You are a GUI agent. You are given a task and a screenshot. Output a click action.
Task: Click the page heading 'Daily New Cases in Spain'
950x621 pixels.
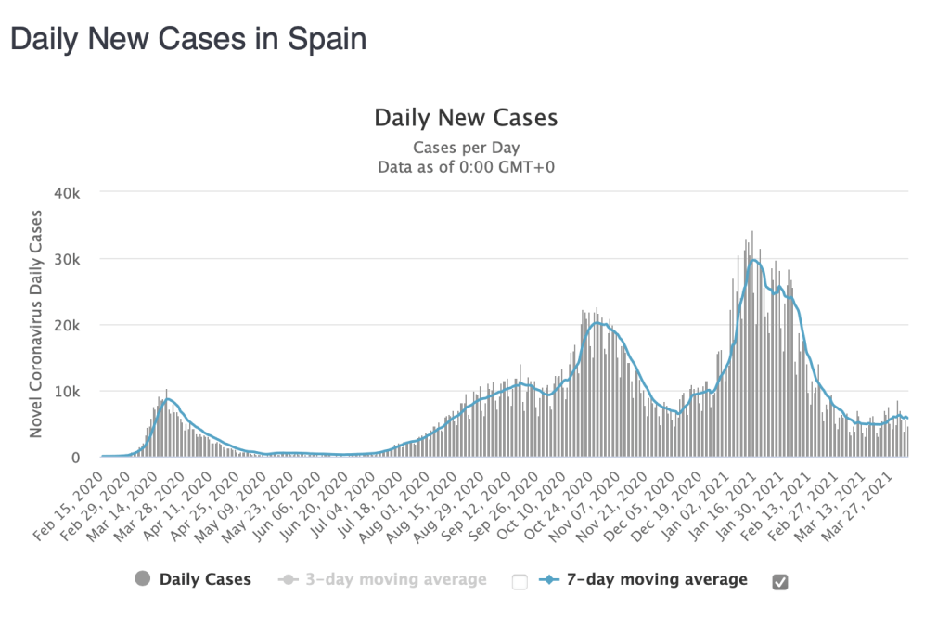click(x=187, y=39)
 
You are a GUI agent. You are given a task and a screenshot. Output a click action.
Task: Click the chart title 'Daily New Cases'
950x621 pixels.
click(x=466, y=118)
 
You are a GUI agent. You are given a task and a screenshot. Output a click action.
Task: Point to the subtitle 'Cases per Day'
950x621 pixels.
click(x=466, y=148)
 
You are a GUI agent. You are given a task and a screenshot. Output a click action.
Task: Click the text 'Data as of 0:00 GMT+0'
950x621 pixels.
click(x=466, y=167)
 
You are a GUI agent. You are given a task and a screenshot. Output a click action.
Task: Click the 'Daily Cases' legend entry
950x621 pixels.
click(x=205, y=579)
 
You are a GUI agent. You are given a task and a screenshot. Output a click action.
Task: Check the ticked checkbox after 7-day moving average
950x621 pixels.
click(x=780, y=581)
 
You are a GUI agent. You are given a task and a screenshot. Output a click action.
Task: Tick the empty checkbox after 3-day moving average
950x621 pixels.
click(x=520, y=581)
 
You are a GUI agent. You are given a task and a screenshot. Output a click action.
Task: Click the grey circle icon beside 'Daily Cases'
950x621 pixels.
click(x=142, y=579)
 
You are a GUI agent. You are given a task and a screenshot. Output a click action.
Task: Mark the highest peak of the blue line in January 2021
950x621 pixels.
click(x=754, y=260)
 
